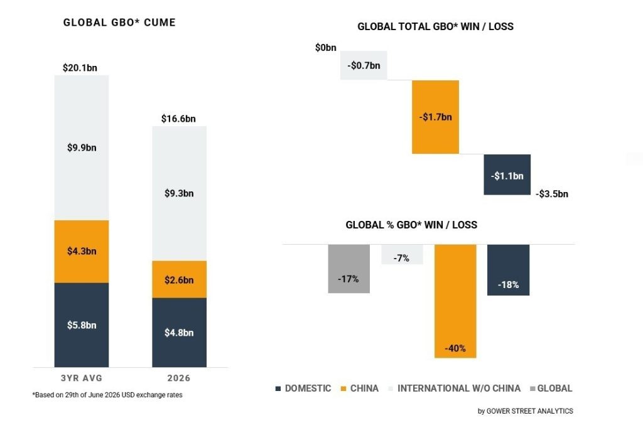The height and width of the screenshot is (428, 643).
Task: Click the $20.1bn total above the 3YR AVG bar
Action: point(80,68)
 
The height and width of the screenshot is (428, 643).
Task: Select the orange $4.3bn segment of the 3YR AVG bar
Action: point(82,251)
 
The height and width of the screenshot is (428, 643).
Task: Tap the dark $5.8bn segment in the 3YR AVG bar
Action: point(82,324)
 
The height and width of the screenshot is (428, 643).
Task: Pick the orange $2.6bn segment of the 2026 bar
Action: point(179,279)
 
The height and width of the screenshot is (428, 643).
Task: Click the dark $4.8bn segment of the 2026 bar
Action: point(179,333)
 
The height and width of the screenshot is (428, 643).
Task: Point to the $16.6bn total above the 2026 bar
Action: point(178,119)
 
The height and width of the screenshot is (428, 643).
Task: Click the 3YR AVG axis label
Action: point(82,378)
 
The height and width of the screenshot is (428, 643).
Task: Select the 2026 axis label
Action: point(179,378)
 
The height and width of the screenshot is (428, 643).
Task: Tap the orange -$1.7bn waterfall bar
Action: point(436,117)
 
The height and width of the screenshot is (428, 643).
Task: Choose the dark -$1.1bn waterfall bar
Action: point(507,174)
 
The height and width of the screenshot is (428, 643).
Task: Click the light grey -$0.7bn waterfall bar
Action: point(364,65)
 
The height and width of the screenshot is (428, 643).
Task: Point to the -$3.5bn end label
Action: point(552,194)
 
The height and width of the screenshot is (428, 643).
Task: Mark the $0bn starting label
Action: point(326,48)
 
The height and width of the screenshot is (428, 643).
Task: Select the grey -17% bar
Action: point(349,269)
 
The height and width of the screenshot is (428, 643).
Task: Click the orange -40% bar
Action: point(456,301)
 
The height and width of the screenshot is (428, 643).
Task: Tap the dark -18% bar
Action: point(509,270)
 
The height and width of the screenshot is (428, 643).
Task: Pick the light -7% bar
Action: point(403,255)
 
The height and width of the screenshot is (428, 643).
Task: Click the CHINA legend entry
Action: point(360,388)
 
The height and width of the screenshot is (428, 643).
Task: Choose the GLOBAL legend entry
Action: point(551,388)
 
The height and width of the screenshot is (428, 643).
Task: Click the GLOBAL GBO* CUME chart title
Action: point(119,23)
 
